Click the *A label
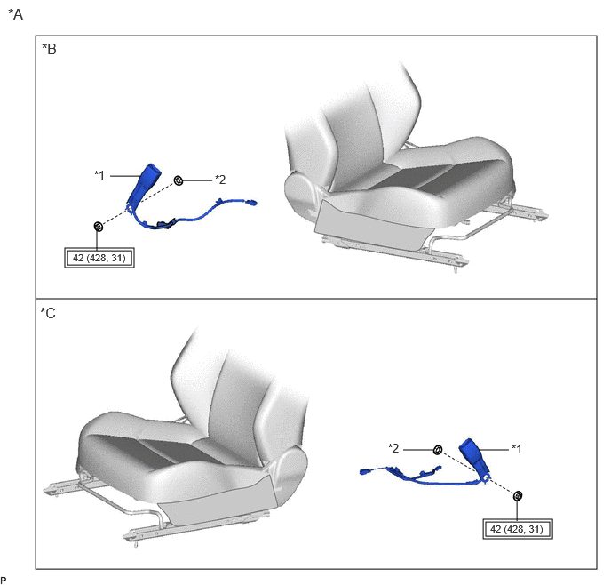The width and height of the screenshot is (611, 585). pos(16,14)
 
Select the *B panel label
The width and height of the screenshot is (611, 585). pos(49,49)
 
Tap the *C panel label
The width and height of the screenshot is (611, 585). pos(48,313)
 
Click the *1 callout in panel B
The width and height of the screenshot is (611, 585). pos(99,175)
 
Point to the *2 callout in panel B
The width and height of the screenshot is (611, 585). pos(220,180)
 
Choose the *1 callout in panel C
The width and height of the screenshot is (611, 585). pos(516,449)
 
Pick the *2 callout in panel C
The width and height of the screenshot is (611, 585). pos(393,448)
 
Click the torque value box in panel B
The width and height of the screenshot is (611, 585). pos(99,258)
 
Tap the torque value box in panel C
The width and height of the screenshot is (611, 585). pos(518,529)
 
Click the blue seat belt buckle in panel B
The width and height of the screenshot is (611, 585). pos(144,183)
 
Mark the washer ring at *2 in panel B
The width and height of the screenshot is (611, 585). pos(179,180)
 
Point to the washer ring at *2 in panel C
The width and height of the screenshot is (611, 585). pos(438,450)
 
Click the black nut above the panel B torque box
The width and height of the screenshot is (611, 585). pos(99,226)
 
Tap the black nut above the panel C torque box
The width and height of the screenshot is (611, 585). pos(518,496)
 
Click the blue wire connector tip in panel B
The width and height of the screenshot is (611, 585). pos(253,203)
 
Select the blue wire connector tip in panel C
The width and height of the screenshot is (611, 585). pos(364,471)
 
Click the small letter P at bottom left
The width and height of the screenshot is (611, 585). pos(4,581)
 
